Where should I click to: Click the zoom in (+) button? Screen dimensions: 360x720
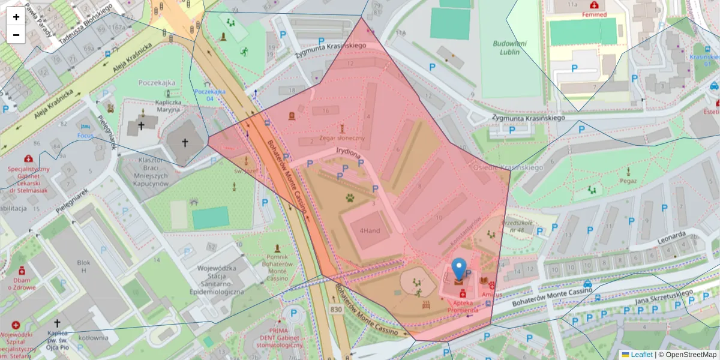[16, 17]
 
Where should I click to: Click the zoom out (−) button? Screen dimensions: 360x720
[16, 35]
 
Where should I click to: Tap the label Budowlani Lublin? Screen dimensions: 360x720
[509, 47]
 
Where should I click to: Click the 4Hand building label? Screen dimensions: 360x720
[370, 231]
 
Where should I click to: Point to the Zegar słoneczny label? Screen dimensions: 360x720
[342, 138]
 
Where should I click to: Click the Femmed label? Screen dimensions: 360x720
[594, 14]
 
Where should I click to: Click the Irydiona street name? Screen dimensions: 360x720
[348, 153]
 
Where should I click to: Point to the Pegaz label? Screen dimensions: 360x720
[628, 180]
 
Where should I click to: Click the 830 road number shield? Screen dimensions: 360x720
[336, 309]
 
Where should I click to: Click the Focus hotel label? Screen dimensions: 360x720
[85, 136]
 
